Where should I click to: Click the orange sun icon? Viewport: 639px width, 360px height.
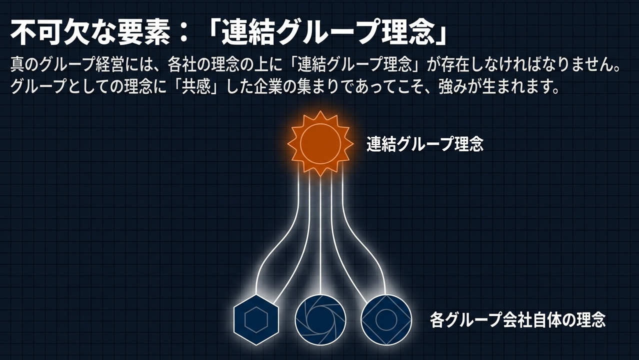320,143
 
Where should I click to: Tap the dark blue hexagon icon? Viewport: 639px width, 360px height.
256,320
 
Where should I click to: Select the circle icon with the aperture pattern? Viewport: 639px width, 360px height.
320,320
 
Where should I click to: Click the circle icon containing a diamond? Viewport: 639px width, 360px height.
386,320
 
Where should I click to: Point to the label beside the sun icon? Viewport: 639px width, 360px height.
425,144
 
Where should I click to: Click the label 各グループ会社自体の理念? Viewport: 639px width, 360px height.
517,320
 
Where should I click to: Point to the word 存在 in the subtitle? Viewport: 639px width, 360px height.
459,65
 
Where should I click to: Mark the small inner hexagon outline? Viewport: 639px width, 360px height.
256,320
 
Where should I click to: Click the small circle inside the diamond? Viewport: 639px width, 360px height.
386,320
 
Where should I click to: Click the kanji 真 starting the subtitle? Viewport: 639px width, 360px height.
17,65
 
